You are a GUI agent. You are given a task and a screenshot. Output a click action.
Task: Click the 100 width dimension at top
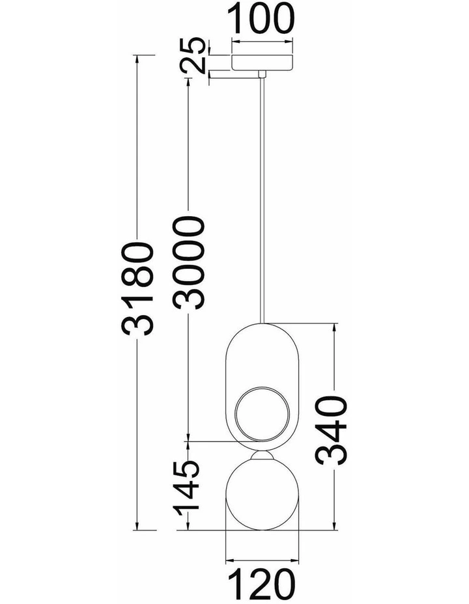click(x=262, y=18)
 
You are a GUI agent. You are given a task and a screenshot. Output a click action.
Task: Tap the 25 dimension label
click(x=192, y=55)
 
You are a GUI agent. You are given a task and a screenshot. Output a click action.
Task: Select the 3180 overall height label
click(x=138, y=288)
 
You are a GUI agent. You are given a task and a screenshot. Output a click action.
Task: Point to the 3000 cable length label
click(x=188, y=263)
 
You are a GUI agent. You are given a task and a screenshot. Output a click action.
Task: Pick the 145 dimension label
click(x=186, y=488)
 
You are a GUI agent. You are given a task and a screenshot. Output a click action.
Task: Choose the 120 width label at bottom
click(x=262, y=584)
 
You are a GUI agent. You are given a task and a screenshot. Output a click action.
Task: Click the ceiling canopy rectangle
click(x=262, y=62)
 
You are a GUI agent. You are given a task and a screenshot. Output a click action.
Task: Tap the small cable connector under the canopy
click(x=263, y=74)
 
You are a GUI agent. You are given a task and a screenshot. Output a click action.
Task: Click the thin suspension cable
click(x=263, y=200)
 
